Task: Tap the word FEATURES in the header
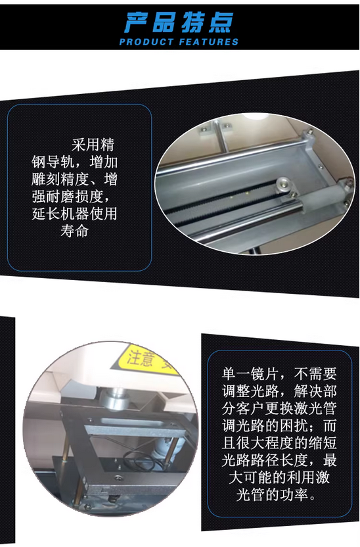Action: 209,42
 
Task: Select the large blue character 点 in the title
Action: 220,23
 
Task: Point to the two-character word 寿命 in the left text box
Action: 74,231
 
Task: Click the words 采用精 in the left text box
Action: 93,145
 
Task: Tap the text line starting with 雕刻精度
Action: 74,179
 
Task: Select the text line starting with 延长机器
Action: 74,214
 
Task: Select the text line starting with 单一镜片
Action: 279,374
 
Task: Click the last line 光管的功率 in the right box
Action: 276,494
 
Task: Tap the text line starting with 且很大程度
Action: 279,442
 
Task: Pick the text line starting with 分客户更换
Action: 279,408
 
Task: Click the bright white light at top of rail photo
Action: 256,117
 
